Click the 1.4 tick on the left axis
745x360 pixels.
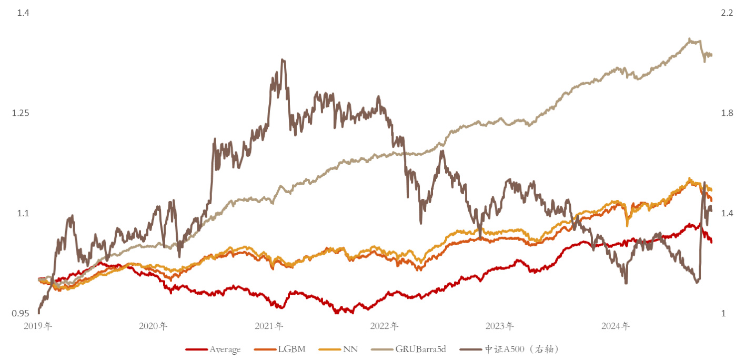click(x=22, y=13)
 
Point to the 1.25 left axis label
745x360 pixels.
click(x=20, y=113)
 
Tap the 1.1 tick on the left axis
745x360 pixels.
click(x=22, y=214)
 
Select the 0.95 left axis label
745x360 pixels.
click(x=20, y=314)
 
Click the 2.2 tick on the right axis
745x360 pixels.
click(x=727, y=13)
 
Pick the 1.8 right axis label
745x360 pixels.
click(x=727, y=113)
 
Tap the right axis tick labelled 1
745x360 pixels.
click(x=723, y=314)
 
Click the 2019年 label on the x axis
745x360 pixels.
click(x=38, y=326)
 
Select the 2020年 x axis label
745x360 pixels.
click(x=153, y=326)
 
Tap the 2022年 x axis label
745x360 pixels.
click(x=384, y=326)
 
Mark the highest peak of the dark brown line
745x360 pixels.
click(x=283, y=59)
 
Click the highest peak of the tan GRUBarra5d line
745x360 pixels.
click(x=689, y=38)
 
